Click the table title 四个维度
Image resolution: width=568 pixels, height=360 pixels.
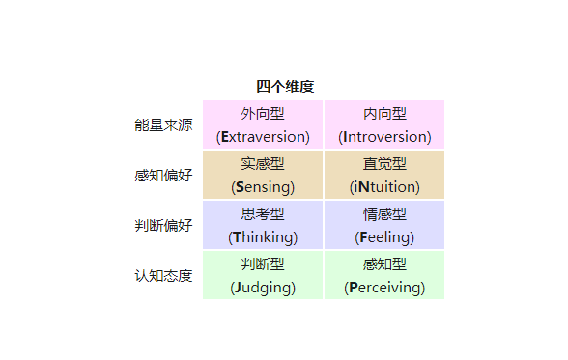(x=285, y=87)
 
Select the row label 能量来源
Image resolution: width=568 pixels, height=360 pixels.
(x=163, y=125)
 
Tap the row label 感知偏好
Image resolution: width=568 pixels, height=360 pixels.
(x=163, y=176)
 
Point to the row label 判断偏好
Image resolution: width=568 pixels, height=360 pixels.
(x=163, y=226)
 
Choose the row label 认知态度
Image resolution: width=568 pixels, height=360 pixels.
(x=163, y=276)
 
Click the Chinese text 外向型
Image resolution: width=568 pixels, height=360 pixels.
(x=263, y=114)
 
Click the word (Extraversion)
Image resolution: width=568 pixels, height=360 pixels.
(x=263, y=136)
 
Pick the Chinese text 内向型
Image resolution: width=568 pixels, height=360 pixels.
(x=384, y=114)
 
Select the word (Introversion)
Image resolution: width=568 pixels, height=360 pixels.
(x=384, y=136)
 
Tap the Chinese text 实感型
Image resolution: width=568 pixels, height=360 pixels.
(x=263, y=164)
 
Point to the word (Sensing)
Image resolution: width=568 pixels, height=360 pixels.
(x=263, y=186)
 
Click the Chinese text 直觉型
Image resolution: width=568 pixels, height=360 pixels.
(x=384, y=164)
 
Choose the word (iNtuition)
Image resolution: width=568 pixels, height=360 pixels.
(x=384, y=186)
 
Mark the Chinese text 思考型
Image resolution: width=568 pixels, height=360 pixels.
(x=263, y=214)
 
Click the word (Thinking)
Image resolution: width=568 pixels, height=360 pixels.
(x=263, y=236)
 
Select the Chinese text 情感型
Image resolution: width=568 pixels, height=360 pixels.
(x=384, y=214)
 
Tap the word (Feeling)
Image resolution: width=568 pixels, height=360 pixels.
(x=384, y=236)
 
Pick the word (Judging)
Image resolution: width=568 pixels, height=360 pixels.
(x=263, y=287)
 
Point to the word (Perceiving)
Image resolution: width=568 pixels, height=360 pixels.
(x=384, y=287)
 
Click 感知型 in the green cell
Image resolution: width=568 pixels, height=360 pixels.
(x=384, y=264)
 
